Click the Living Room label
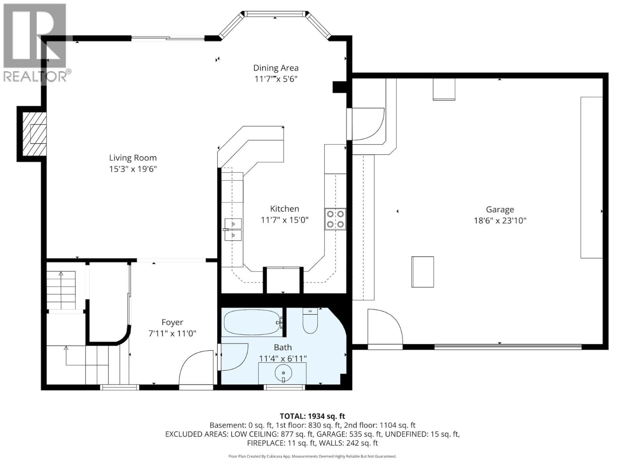point(133,158)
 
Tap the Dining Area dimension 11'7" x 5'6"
point(276,79)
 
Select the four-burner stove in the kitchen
point(335,219)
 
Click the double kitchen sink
point(233,229)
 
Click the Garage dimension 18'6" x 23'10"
point(500,220)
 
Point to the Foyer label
point(172,322)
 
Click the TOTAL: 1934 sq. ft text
point(312,416)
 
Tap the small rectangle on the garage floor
point(422,272)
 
